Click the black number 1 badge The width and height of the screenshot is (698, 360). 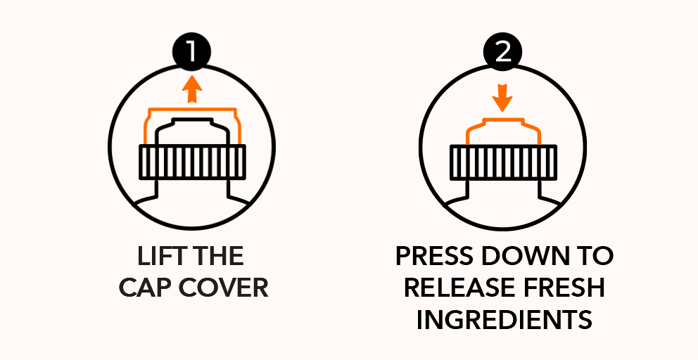(x=191, y=51)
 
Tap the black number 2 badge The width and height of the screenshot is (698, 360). (x=502, y=51)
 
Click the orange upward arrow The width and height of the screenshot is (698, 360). (x=192, y=89)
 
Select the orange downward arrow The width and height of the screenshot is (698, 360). (x=502, y=96)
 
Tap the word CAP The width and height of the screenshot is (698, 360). (x=146, y=288)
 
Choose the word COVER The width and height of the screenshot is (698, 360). (x=224, y=288)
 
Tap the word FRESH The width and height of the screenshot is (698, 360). (x=564, y=288)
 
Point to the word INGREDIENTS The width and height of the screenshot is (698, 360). (x=505, y=320)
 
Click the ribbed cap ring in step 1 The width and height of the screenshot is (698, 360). (x=192, y=162)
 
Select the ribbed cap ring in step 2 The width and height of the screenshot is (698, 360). (x=503, y=162)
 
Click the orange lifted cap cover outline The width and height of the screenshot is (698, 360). (x=192, y=109)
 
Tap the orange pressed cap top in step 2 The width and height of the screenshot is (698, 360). (x=503, y=120)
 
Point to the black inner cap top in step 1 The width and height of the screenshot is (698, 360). (x=192, y=120)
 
